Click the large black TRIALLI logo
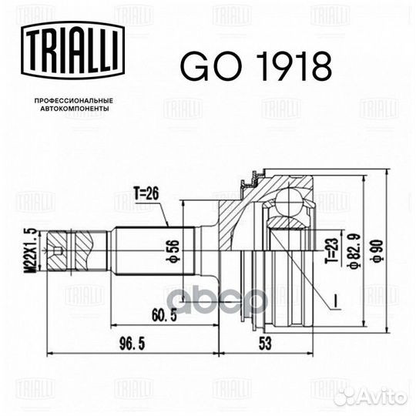pos(72,50)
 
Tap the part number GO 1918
pos(256,66)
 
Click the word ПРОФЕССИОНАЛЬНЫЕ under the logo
pos(74,101)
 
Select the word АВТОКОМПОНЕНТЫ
pos(75,109)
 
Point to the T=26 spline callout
pos(146,193)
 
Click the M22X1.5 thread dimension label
pos(32,250)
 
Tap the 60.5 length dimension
pos(164,315)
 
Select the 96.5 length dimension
pos(132,344)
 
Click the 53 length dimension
pos(265,344)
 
